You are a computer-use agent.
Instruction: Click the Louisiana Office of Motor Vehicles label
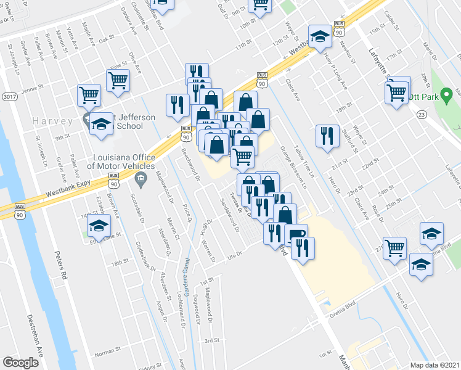(x=121, y=161)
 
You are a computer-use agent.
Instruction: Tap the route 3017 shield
(x=9, y=97)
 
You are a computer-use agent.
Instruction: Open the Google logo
(x=20, y=363)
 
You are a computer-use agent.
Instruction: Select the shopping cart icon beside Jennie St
(x=89, y=96)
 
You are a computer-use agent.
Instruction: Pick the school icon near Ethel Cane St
(x=99, y=226)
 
